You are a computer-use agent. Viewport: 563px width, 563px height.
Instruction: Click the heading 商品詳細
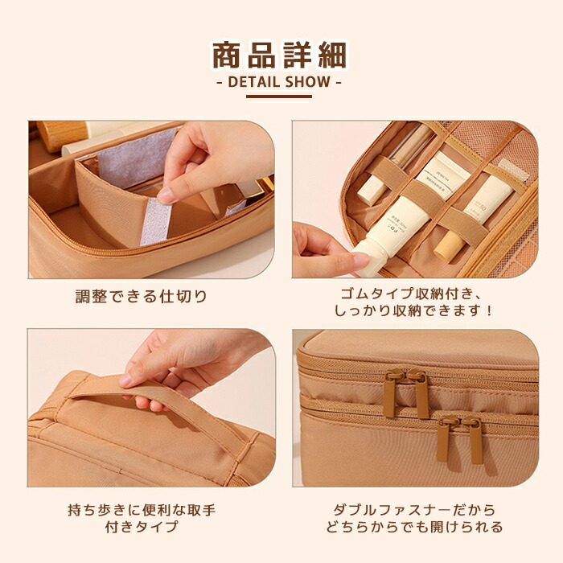pyautogui.click(x=279, y=55)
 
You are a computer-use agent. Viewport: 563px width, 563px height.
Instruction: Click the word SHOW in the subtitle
pyautogui.click(x=307, y=82)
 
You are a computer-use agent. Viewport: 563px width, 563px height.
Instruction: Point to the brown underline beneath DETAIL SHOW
pyautogui.click(x=279, y=97)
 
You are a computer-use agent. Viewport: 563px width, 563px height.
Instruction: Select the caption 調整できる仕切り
pyautogui.click(x=142, y=297)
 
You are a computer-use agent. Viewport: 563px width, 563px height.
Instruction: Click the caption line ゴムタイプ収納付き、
pyautogui.click(x=412, y=294)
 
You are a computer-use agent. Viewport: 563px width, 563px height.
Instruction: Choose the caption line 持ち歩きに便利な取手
pyautogui.click(x=142, y=510)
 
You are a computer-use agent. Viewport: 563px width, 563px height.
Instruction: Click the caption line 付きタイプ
pyautogui.click(x=142, y=527)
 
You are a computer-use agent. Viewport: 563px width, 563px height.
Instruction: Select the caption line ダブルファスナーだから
pyautogui.click(x=415, y=510)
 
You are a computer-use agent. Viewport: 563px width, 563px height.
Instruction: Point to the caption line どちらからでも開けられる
pyautogui.click(x=415, y=527)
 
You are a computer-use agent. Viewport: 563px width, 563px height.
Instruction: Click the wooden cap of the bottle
pyautogui.click(x=62, y=134)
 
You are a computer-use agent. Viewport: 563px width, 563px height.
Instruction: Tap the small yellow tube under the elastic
pyautogui.click(x=450, y=245)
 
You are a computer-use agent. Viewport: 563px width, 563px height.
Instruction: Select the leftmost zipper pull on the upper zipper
pyautogui.click(x=391, y=392)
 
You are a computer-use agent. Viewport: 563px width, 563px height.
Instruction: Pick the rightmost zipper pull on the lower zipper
pyautogui.click(x=475, y=439)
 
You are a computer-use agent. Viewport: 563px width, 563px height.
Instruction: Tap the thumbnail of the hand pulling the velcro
pyautogui.click(x=151, y=199)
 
